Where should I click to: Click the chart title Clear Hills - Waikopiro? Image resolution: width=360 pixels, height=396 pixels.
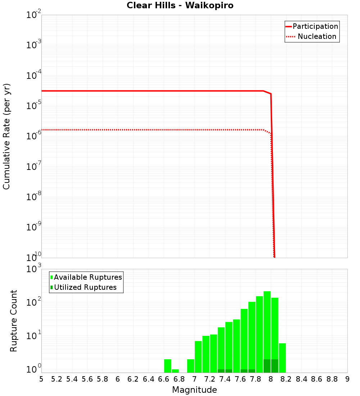180,6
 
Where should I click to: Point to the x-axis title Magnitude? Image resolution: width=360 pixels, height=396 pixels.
194,390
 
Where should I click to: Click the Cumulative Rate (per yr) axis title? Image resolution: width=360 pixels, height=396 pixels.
6,136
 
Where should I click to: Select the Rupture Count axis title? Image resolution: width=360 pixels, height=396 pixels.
14,321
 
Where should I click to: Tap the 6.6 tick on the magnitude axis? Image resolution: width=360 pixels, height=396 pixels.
164,379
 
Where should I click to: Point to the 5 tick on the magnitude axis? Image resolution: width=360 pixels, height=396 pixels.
41,379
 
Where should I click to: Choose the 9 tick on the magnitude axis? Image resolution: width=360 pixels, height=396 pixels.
347,379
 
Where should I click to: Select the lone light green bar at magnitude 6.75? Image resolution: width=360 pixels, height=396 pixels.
175,371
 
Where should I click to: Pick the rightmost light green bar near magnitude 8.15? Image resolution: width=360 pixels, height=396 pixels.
282,358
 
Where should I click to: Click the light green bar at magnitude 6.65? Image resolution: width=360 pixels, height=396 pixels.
167,366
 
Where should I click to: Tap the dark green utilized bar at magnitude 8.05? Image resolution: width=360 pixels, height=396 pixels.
275,366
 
